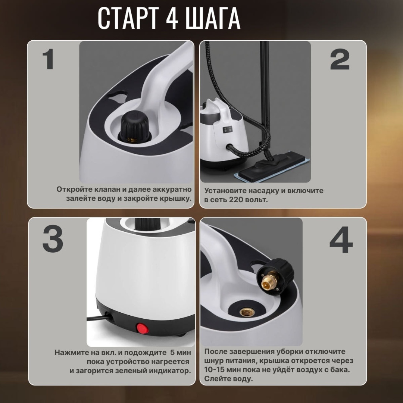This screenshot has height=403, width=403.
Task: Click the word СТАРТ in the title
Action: click(128, 18)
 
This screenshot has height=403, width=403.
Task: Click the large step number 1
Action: click(48, 59)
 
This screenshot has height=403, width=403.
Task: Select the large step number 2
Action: click(340, 59)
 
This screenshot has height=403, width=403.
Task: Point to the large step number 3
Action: click(53, 239)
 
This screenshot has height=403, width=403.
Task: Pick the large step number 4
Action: click(341, 240)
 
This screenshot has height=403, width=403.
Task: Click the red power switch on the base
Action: click(143, 328)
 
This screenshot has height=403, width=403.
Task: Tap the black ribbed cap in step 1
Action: click(135, 126)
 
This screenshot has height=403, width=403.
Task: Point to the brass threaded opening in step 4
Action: click(247, 312)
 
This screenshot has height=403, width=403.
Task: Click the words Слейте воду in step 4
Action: click(228, 379)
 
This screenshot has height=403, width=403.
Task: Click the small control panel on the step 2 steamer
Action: click(227, 129)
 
